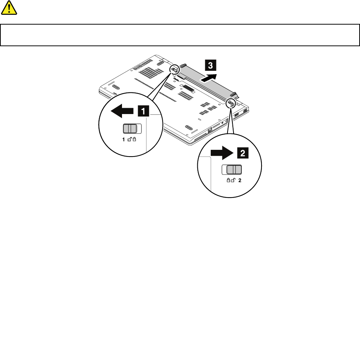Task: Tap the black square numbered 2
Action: click(242, 152)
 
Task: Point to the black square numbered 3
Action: click(210, 66)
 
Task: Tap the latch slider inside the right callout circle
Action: click(232, 170)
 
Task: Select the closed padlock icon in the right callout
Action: click(228, 180)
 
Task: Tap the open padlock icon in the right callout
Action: click(233, 180)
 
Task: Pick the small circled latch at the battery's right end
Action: click(232, 101)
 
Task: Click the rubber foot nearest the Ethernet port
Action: click(189, 128)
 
